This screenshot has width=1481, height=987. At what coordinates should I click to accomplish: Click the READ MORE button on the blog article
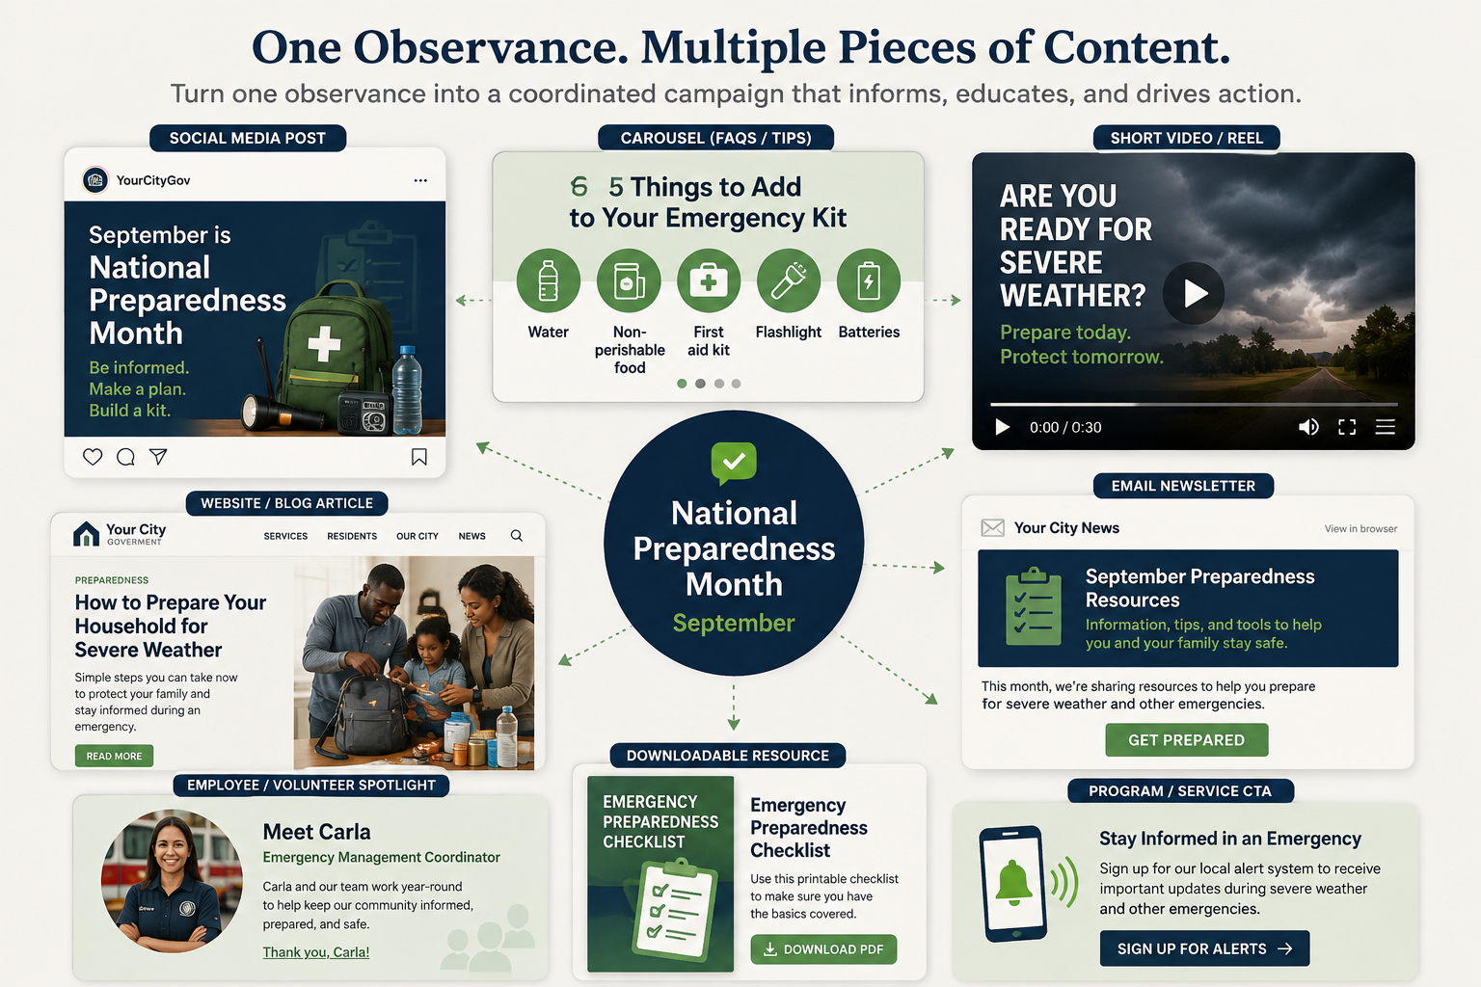click(114, 756)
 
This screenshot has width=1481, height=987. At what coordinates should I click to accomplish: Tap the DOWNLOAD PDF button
click(823, 949)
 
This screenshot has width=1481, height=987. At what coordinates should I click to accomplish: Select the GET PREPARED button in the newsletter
click(1187, 739)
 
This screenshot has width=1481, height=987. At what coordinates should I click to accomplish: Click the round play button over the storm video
click(1194, 293)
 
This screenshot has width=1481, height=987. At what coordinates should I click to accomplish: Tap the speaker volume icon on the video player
click(1308, 427)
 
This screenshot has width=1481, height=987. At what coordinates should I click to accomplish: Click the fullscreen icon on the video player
click(1347, 427)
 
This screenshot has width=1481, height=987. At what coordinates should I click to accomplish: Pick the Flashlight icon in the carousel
click(789, 280)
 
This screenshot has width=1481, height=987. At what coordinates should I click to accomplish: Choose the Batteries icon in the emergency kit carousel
click(869, 280)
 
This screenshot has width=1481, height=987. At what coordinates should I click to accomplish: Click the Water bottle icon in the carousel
click(548, 280)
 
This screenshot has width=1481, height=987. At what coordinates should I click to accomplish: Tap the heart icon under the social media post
click(93, 457)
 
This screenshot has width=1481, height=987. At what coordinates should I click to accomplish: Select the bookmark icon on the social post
click(419, 457)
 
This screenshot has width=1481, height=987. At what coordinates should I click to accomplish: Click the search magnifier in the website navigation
click(517, 536)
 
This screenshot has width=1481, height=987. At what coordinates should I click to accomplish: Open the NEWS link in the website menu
click(472, 536)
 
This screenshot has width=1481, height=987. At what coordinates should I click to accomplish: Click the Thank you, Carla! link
click(316, 952)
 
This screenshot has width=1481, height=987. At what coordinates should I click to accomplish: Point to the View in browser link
click(1360, 529)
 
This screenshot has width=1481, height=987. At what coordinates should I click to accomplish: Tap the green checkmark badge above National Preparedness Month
click(734, 462)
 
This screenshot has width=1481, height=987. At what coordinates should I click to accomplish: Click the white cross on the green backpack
click(324, 344)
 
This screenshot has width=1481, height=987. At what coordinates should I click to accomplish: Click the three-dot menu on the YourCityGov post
click(420, 180)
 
